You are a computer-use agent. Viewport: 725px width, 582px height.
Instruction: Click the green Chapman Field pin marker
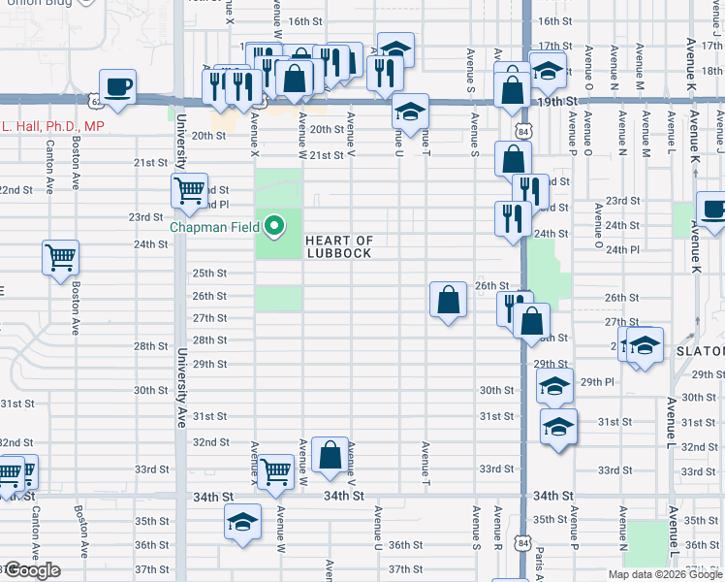click(274, 228)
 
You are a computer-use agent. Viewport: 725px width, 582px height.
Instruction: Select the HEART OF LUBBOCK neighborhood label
click(339, 246)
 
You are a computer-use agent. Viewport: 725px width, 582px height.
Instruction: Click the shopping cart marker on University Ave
click(188, 190)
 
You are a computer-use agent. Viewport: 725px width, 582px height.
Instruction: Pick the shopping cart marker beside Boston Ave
click(60, 259)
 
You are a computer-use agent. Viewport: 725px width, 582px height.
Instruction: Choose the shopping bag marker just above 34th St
click(331, 456)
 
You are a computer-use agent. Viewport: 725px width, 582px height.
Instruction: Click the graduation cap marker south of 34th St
click(242, 523)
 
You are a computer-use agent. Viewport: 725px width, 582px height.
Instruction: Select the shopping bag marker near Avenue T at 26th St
click(448, 300)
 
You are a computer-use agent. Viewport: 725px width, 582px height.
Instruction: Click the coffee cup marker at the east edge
click(713, 210)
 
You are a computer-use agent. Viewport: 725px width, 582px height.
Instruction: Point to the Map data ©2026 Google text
click(665, 574)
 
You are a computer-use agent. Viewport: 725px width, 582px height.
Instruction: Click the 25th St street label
click(208, 274)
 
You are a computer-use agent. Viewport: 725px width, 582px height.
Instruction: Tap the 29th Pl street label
click(597, 382)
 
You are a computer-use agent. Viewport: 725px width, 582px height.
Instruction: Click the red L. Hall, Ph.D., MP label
click(52, 126)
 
